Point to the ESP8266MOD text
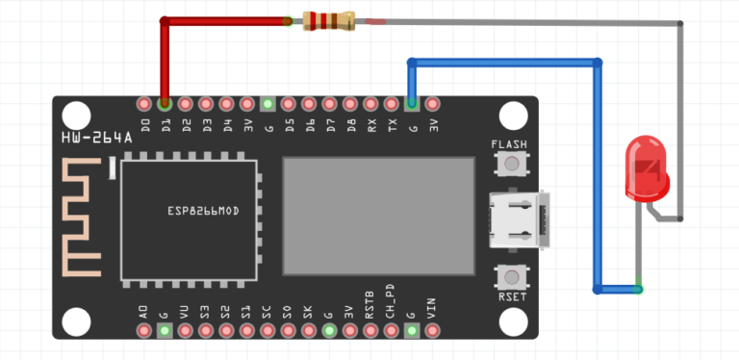(202, 209)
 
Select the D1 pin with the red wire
(165, 103)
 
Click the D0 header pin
(144, 103)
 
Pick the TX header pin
(392, 103)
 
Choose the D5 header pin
(289, 103)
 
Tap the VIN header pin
(432, 330)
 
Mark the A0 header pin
(144, 330)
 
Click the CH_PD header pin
(391, 330)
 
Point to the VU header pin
(185, 330)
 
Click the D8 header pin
(350, 103)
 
